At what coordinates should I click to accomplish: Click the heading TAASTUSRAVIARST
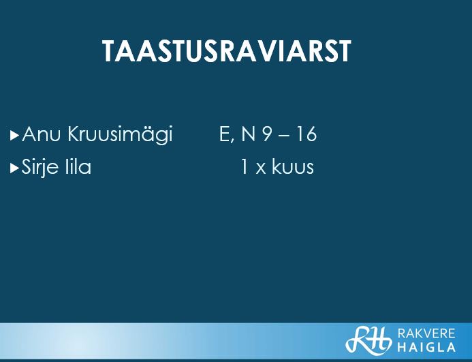[227, 51]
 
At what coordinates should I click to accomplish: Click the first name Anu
[42, 134]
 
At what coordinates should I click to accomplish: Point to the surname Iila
[78, 166]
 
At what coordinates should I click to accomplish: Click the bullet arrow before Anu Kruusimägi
[14, 136]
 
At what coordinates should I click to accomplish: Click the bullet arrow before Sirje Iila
[14, 168]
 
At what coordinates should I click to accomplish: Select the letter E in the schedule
[225, 134]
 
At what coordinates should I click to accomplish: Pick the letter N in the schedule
[249, 134]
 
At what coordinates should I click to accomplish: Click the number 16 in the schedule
[306, 134]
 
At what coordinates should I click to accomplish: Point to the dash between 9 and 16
[284, 136]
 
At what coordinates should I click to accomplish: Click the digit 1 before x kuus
[245, 166]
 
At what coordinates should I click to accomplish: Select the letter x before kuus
[261, 169]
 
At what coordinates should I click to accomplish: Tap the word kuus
[293, 166]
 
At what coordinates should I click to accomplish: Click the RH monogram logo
[368, 340]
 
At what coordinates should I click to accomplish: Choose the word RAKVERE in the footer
[426, 333]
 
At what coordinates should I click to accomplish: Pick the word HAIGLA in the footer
[426, 347]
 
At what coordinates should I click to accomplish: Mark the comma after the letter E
[232, 141]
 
